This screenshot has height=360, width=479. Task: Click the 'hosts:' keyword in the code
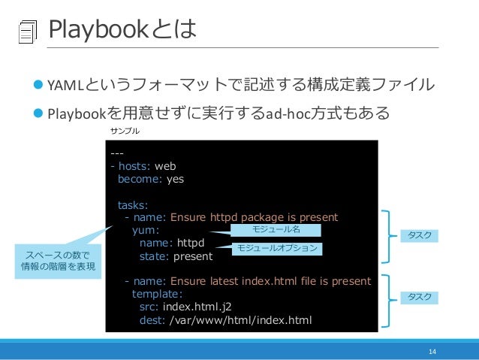pos(134,167)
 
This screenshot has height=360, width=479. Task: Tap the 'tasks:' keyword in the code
pos(133,205)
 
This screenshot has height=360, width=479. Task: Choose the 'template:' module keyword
pos(158,295)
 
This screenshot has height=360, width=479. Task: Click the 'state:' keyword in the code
pos(155,256)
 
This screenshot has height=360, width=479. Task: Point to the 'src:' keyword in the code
pos(149,307)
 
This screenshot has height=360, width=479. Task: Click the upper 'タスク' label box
pos(419,235)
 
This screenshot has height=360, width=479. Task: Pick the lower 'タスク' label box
pos(419,298)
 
